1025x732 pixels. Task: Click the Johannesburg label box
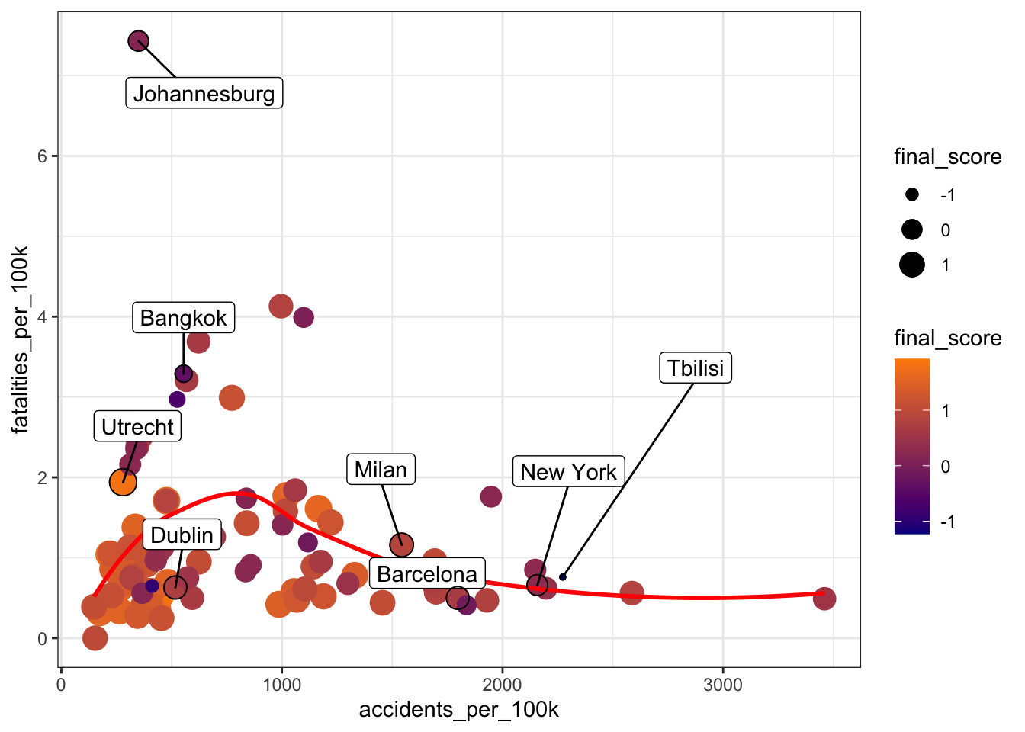[204, 94]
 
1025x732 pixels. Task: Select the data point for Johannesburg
[138, 41]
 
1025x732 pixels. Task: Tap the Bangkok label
[183, 318]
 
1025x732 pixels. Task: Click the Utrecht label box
[137, 427]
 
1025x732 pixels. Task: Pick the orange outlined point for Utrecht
[123, 482]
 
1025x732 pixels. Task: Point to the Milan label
[381, 470]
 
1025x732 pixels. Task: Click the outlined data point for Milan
[401, 544]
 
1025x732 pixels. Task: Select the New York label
[568, 472]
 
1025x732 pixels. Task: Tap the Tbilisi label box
[695, 368]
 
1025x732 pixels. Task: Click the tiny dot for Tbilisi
[563, 576]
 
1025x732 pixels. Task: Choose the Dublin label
[182, 535]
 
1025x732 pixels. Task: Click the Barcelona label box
[426, 574]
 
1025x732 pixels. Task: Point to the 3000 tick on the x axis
[722, 685]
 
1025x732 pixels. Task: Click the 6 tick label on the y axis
[42, 156]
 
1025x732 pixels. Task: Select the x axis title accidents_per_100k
[458, 710]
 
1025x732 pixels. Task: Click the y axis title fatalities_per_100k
[21, 339]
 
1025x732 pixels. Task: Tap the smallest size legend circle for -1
[912, 195]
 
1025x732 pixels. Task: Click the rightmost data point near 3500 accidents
[824, 599]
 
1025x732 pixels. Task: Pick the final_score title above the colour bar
[947, 339]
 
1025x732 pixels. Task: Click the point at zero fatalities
[95, 637]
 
